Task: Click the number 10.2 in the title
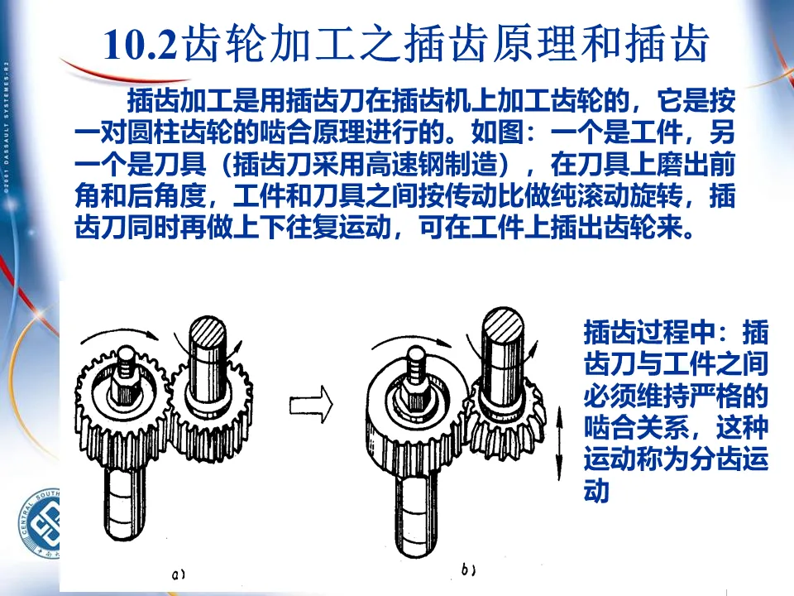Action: (x=141, y=44)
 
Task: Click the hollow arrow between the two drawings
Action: (x=311, y=405)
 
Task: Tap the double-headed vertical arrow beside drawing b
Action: (x=559, y=442)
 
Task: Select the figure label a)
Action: (x=178, y=574)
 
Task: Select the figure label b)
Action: (x=468, y=570)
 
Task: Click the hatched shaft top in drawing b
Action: (x=502, y=323)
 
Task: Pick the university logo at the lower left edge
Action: (x=41, y=523)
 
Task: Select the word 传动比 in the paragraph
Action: (x=485, y=195)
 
